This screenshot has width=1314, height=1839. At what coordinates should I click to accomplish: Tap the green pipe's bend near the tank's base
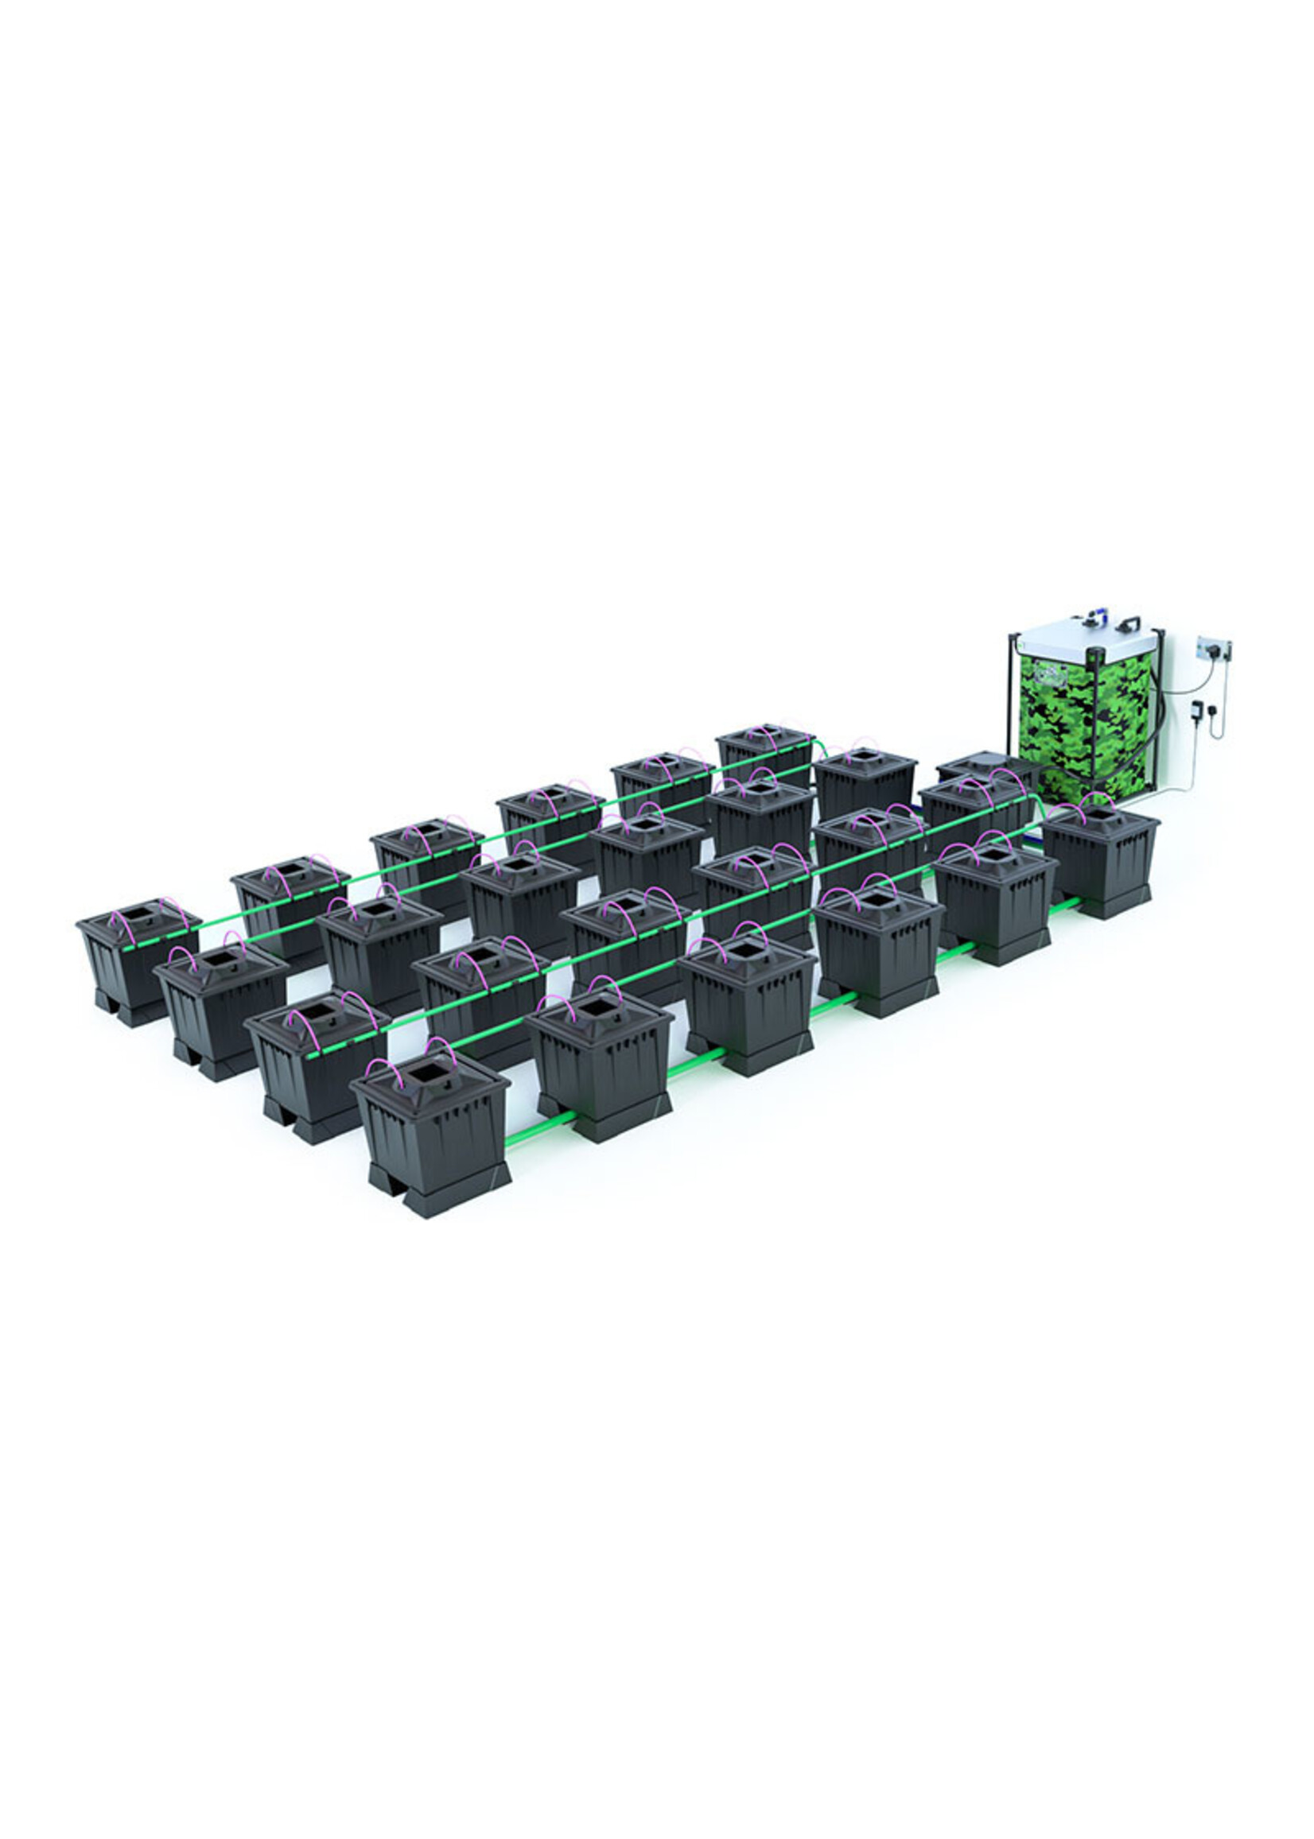(1036, 801)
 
